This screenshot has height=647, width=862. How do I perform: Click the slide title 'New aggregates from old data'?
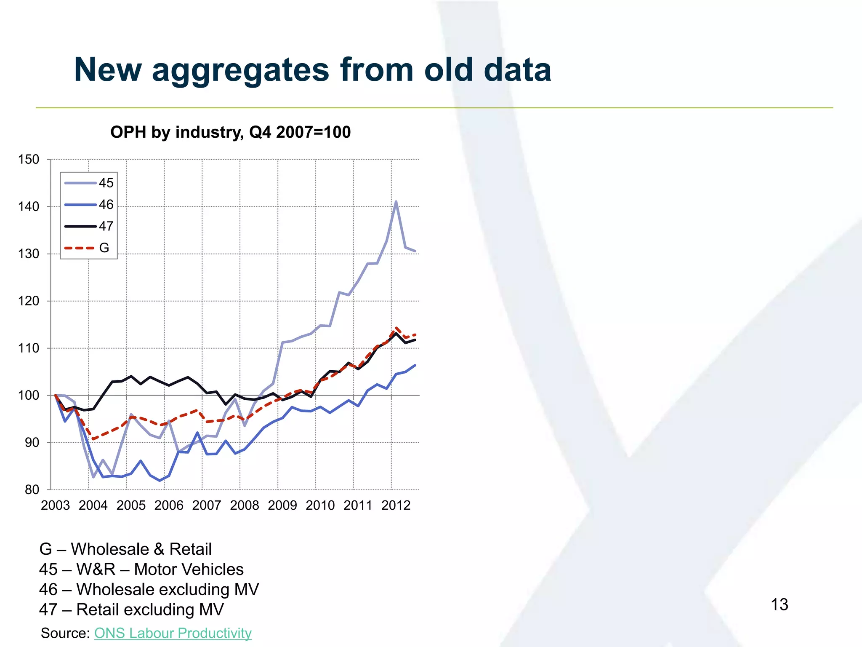coord(312,70)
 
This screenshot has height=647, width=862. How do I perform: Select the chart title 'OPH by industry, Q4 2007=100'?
coord(230,132)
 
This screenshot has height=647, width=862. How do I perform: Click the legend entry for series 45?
coord(89,183)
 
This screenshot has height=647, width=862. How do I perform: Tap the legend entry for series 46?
coord(89,205)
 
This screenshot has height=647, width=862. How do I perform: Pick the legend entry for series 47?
coord(89,226)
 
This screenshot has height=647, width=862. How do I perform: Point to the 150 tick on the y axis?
coord(29,160)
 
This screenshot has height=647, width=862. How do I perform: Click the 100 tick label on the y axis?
coord(29,396)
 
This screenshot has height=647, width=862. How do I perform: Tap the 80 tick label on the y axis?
coord(32,490)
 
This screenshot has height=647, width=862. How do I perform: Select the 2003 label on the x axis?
coord(55,505)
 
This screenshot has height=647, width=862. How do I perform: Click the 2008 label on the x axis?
coord(244,505)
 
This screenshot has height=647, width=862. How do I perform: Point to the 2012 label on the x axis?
coord(396,505)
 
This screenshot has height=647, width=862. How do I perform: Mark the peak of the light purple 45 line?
coord(396,202)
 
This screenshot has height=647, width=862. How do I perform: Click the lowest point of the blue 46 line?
coord(160,481)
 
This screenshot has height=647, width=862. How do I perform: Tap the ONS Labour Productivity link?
coord(173,633)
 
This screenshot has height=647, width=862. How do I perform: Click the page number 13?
coord(779,605)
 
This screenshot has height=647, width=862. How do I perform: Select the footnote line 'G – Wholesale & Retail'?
coord(125,549)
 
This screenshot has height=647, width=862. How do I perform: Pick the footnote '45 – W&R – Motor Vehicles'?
coord(141,569)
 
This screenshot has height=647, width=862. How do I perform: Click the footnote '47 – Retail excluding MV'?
coord(131,610)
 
